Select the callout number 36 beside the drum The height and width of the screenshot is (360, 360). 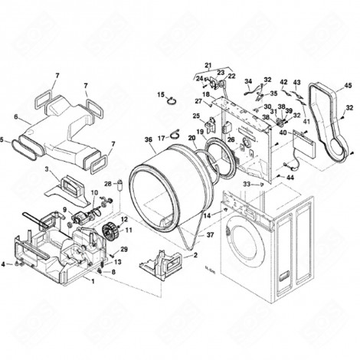coord(148,139)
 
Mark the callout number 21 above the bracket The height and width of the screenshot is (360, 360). coord(207,64)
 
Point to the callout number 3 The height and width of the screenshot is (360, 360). coord(47,169)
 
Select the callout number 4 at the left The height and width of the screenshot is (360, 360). coord(4,265)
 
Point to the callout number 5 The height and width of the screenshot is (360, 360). coord(2,140)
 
